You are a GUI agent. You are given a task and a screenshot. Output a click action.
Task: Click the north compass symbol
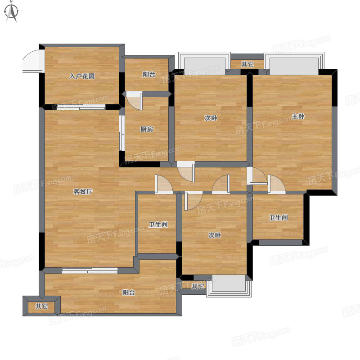[11, 12]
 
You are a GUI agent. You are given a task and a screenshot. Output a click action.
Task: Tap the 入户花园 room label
[82, 76]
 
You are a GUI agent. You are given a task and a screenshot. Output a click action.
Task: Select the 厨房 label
[147, 129]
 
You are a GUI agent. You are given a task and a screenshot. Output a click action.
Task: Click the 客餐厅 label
[83, 192]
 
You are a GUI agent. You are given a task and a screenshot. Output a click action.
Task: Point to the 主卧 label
[298, 116]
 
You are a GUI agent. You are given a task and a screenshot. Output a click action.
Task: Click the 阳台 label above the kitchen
[149, 74]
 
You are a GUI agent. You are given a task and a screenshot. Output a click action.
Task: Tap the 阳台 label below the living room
[129, 292]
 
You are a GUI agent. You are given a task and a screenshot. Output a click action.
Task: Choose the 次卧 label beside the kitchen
[211, 118]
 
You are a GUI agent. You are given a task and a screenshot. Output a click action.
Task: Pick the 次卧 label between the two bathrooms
[215, 235]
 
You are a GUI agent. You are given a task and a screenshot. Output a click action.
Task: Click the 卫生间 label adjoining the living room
[158, 224]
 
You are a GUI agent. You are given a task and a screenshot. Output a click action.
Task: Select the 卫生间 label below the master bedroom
[278, 217]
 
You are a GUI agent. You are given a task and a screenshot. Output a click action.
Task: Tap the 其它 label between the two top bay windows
[247, 64]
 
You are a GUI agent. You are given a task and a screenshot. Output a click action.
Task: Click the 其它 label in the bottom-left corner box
[41, 306]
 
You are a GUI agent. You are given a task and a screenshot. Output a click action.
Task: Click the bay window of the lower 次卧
[229, 286]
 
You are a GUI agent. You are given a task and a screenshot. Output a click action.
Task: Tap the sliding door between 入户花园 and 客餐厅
[81, 107]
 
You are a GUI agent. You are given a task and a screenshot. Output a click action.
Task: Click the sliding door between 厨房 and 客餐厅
[121, 133]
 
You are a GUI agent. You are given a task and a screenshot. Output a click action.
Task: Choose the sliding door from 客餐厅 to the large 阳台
[90, 270]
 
